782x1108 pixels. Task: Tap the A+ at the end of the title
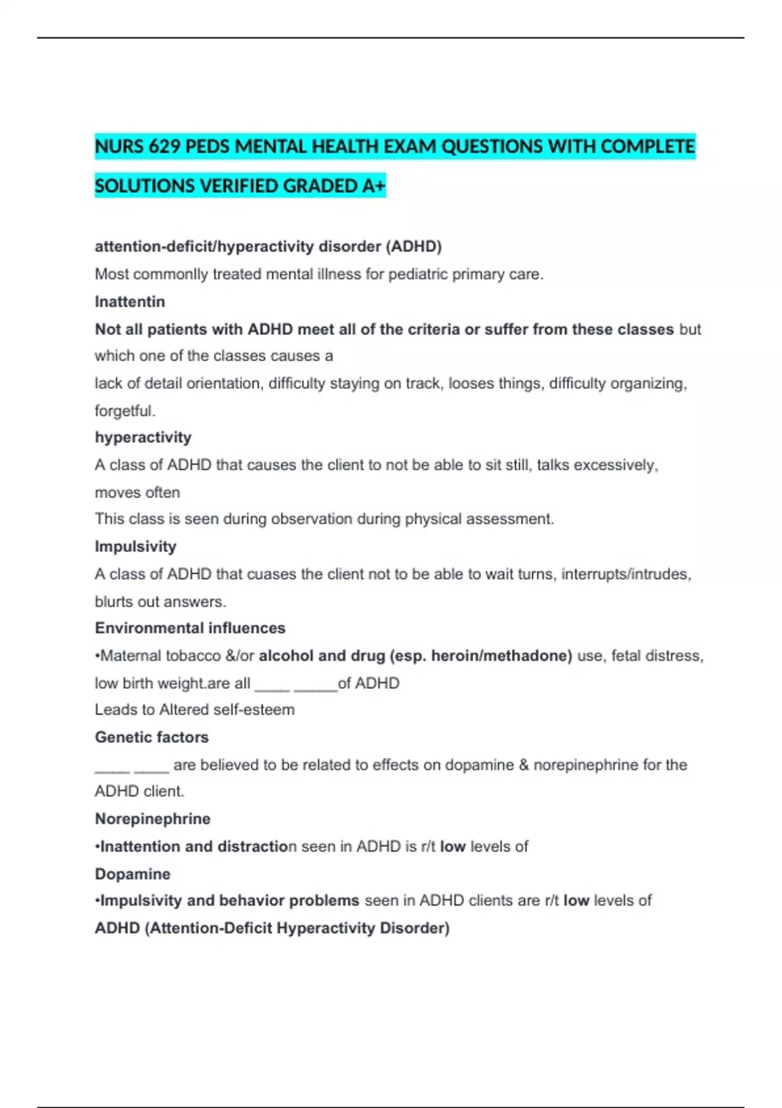374,186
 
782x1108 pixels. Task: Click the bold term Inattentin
130,302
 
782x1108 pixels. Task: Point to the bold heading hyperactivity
143,437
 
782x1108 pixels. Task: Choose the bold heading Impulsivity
136,546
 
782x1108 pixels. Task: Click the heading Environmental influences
190,628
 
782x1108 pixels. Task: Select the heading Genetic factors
151,737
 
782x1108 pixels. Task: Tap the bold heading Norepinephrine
152,819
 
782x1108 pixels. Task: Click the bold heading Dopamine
132,874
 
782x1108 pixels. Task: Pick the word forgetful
124,411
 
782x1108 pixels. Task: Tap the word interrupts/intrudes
625,574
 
